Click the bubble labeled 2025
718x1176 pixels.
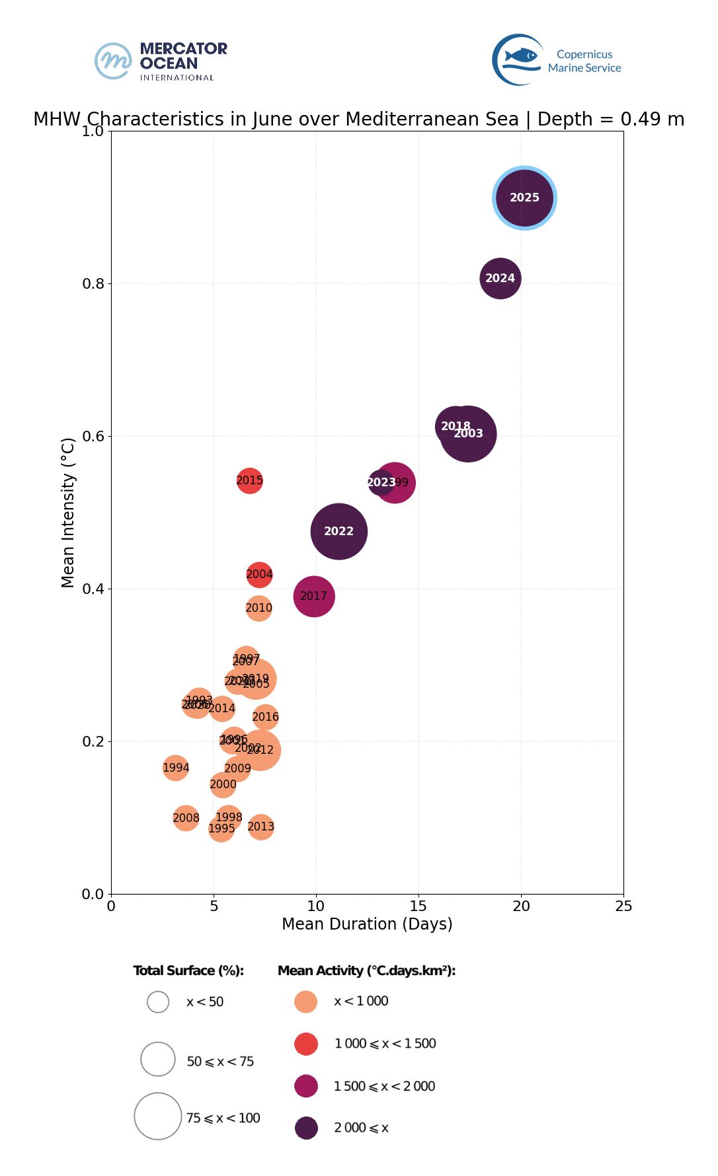click(524, 198)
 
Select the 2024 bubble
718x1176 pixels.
click(500, 278)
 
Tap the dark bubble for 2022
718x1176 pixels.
click(339, 531)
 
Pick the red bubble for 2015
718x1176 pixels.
click(250, 480)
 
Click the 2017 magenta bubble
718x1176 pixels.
click(314, 596)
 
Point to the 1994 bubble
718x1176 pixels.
click(175, 768)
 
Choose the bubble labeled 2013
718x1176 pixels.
click(261, 827)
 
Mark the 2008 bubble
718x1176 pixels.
click(186, 818)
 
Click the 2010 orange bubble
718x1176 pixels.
click(259, 608)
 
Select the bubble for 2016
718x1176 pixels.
click(265, 717)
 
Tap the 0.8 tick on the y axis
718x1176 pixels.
click(93, 283)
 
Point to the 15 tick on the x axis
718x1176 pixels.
click(419, 906)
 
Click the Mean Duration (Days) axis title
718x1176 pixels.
click(367, 924)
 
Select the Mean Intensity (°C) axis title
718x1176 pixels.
click(68, 512)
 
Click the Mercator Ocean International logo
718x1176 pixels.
click(161, 61)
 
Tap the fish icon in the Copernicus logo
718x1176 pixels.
click(522, 55)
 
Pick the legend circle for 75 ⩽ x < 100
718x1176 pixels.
click(158, 1116)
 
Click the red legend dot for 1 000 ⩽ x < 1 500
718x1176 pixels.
click(306, 1044)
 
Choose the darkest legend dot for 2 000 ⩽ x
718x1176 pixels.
click(306, 1128)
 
